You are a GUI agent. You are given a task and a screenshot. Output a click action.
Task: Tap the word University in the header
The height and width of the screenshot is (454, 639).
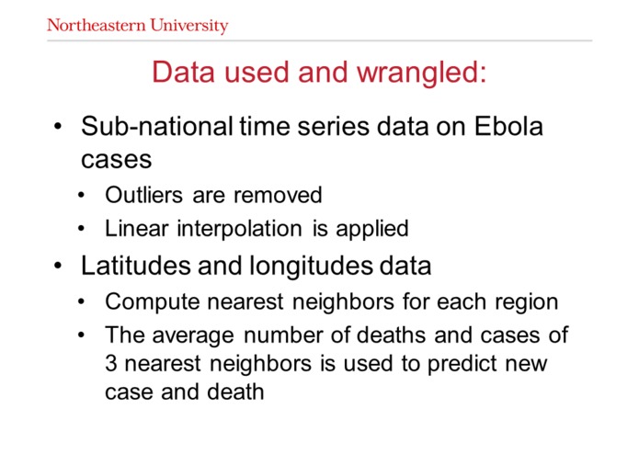click(x=190, y=26)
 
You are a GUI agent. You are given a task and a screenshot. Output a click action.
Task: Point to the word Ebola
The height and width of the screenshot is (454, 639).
click(x=508, y=127)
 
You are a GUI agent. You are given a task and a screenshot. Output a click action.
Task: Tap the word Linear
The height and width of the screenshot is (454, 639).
click(x=134, y=228)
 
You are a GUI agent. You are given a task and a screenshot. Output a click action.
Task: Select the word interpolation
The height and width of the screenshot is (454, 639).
click(x=234, y=229)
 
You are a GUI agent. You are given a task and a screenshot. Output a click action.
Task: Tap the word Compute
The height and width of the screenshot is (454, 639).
click(x=143, y=302)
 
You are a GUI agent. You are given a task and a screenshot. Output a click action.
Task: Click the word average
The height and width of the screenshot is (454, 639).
click(x=180, y=335)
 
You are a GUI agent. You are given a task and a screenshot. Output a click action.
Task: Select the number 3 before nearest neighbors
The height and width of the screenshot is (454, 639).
click(x=110, y=364)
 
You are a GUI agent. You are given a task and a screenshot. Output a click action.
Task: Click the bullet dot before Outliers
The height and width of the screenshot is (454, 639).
click(x=85, y=197)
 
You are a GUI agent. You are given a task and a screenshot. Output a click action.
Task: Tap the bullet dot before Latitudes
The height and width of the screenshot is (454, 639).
click(x=58, y=267)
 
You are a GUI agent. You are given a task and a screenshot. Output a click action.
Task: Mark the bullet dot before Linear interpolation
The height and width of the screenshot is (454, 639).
click(x=85, y=229)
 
